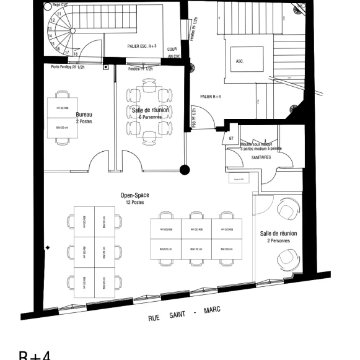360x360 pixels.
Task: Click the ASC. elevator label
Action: click(x=239, y=62)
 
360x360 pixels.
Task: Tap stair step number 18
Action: click(x=75, y=54)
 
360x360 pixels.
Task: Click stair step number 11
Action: click(x=59, y=13)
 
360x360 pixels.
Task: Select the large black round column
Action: click(x=183, y=169)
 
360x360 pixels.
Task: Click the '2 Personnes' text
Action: click(x=278, y=240)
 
